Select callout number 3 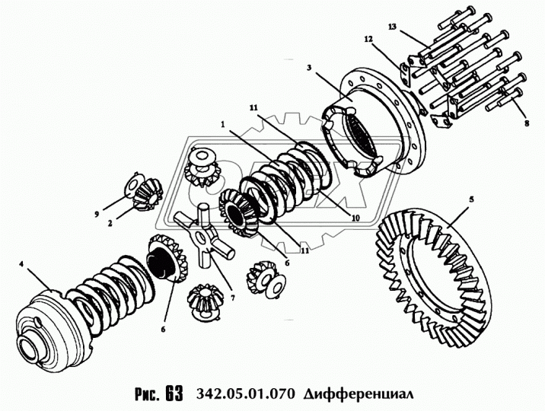310,68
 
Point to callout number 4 22,264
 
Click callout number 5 471,199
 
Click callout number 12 367,37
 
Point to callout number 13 392,27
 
